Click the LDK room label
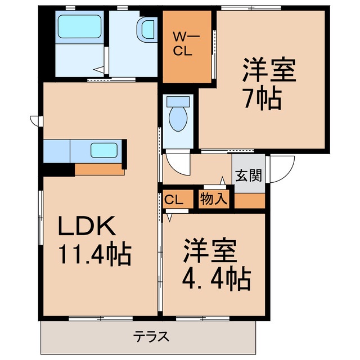pyautogui.click(x=88, y=227)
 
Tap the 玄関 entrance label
pyautogui.click(x=248, y=175)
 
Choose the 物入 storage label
pyautogui.click(x=214, y=199)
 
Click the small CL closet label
pyautogui.click(x=174, y=199)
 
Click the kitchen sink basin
pyautogui.click(x=104, y=150)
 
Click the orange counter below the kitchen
pyautogui.click(x=99, y=169)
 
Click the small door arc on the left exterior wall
pyautogui.click(x=34, y=120)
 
